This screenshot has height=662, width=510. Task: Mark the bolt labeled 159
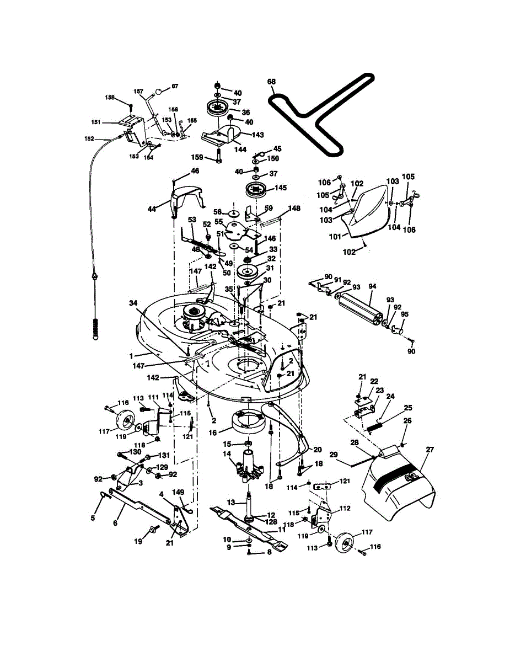[219, 156]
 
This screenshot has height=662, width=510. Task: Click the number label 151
[96, 122]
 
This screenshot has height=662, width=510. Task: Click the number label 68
[271, 82]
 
